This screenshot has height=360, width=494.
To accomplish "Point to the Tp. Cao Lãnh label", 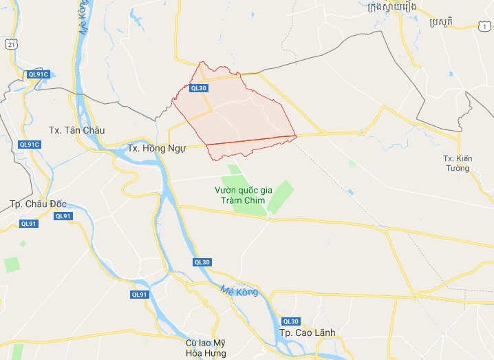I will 308,333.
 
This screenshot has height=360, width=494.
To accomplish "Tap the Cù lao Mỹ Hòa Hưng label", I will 206,348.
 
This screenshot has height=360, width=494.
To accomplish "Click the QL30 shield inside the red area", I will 199,87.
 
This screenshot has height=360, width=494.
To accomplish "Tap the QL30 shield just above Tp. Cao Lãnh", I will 291,321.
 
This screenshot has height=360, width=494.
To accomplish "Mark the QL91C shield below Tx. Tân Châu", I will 30,145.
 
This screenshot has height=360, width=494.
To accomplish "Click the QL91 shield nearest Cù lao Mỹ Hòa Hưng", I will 140,295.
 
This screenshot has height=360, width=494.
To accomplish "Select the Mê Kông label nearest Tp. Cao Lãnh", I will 239,292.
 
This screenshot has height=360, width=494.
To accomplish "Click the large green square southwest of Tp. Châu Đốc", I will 12,264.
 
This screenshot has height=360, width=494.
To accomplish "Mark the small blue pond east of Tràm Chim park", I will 350,191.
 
